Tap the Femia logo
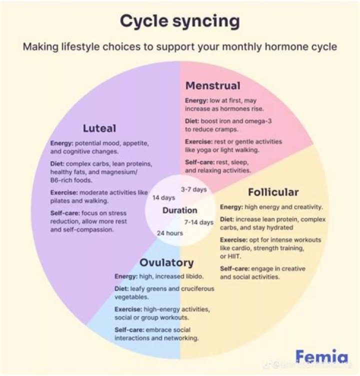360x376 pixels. [321, 357]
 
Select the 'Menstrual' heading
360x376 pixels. [212, 85]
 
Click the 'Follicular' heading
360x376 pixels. [273, 192]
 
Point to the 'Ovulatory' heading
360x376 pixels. [166, 262]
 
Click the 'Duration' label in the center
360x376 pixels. [179, 210]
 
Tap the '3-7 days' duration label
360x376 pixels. [193, 189]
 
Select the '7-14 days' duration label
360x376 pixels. [198, 222]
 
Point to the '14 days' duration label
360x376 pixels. [163, 197]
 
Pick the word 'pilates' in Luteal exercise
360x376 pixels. [61, 201]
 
